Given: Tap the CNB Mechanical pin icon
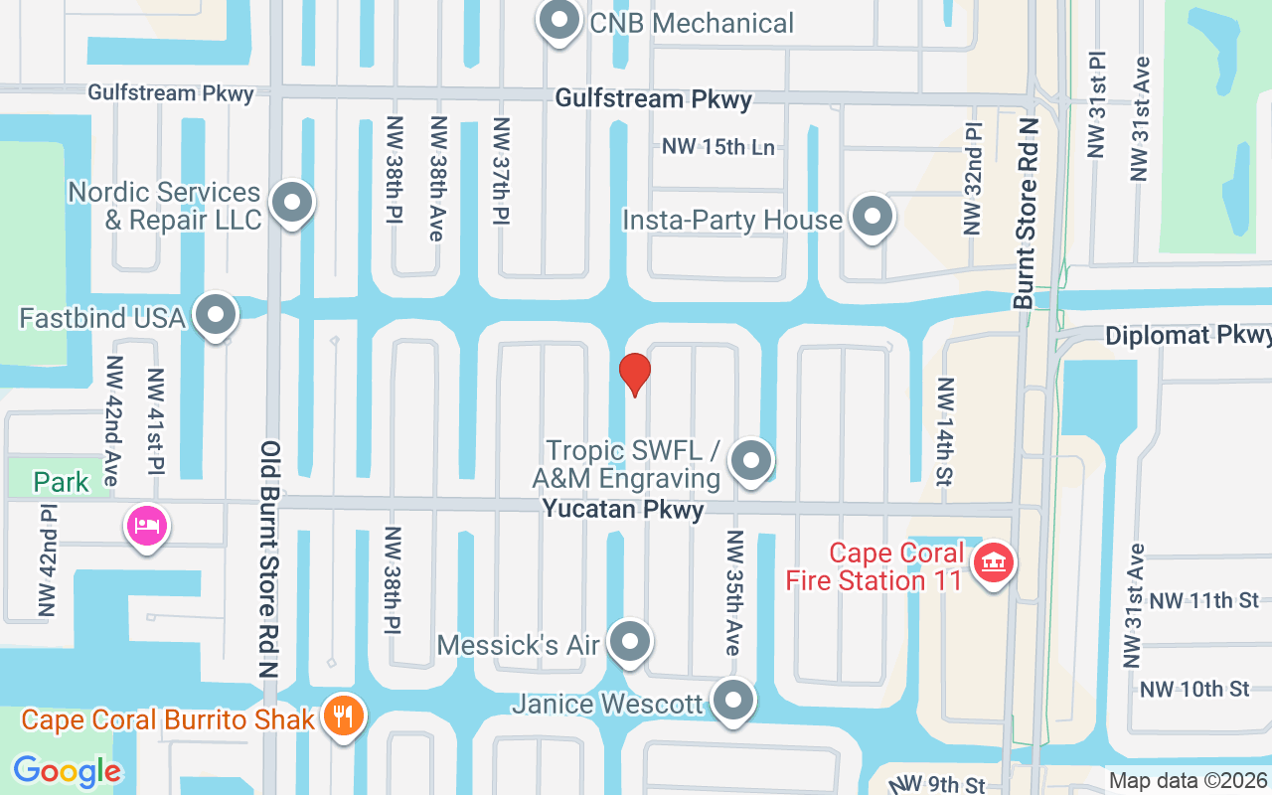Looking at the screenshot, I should click(x=558, y=21).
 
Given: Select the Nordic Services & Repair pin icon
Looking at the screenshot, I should click(x=292, y=203).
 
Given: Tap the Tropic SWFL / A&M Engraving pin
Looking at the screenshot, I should click(x=752, y=461).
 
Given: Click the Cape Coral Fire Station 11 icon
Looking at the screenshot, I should click(x=993, y=564).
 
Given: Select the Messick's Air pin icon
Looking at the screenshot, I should click(x=629, y=643).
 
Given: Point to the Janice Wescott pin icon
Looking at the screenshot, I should click(x=734, y=701).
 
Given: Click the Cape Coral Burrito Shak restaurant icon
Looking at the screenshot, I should click(x=343, y=717).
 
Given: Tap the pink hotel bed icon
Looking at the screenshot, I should click(x=147, y=525).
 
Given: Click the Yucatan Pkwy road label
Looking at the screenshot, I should click(x=623, y=511).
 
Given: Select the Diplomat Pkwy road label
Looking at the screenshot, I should click(x=1188, y=336).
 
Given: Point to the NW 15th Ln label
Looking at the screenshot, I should click(x=718, y=147).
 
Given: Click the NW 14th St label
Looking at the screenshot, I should click(x=944, y=431).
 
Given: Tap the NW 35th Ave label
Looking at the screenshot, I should click(x=733, y=592).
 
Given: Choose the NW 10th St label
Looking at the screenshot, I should click(x=1194, y=689).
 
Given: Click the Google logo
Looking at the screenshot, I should click(x=67, y=771).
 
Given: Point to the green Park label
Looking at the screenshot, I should click(x=62, y=483).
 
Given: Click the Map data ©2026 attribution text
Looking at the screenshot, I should click(x=1188, y=781).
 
